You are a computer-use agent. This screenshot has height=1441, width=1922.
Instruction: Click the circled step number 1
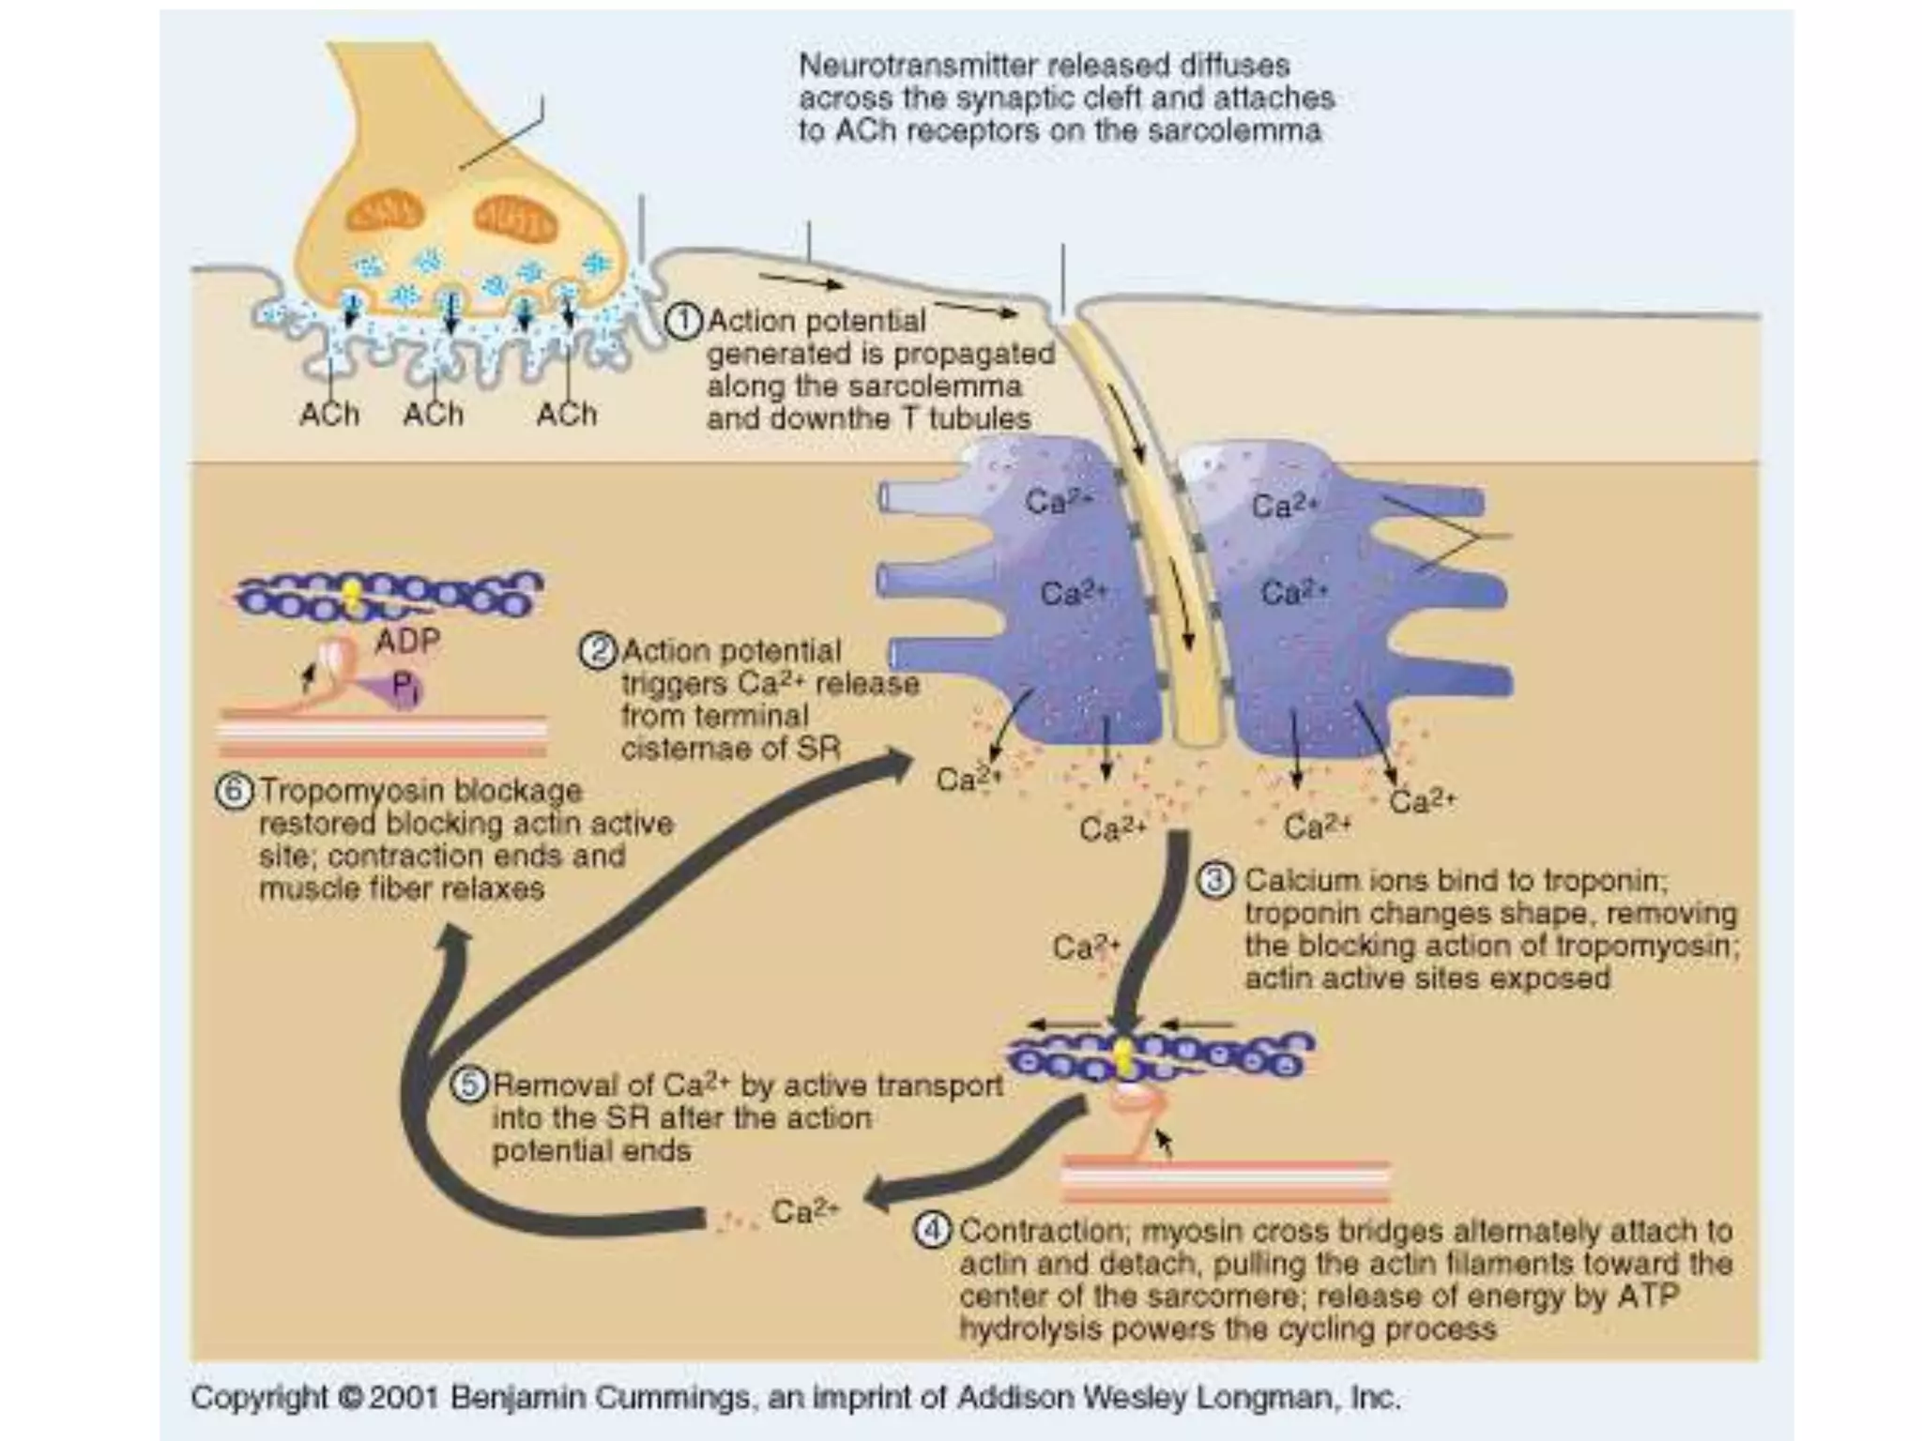(x=683, y=322)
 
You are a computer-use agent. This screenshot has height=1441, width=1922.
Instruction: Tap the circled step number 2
(x=598, y=651)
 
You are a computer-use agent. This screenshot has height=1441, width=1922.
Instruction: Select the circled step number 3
(x=1215, y=882)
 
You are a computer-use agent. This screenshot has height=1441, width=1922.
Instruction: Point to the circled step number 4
(x=932, y=1230)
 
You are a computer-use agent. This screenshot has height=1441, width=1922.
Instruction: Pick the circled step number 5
(x=470, y=1085)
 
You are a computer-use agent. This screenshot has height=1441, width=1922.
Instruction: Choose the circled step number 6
(x=235, y=792)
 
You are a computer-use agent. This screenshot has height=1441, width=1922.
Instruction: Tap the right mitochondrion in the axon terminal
(x=514, y=218)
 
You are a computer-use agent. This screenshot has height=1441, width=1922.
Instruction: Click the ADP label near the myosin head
(x=407, y=642)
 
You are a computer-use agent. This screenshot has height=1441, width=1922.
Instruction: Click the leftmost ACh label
(x=329, y=414)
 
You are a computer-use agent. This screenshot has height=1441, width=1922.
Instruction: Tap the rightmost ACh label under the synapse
(x=566, y=414)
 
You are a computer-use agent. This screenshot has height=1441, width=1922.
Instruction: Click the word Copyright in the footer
(x=247, y=1398)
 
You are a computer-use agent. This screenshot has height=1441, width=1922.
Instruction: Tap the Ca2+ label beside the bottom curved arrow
(x=804, y=1211)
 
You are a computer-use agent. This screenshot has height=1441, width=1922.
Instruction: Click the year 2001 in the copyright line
(x=404, y=1398)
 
